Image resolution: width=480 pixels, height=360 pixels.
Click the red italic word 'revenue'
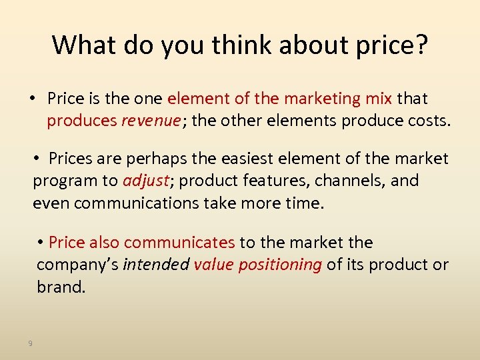151,121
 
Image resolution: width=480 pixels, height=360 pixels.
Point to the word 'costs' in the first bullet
429,121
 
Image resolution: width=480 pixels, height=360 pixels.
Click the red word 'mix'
379,99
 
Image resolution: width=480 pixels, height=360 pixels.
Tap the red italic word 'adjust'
144,181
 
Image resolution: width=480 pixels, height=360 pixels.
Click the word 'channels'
341,181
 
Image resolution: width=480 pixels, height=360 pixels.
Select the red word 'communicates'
179,242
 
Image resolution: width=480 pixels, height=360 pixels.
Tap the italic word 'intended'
156,264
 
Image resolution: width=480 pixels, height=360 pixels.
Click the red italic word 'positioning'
280,264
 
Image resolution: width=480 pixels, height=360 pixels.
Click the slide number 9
30,343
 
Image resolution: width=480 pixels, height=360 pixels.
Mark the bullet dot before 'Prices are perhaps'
39,159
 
